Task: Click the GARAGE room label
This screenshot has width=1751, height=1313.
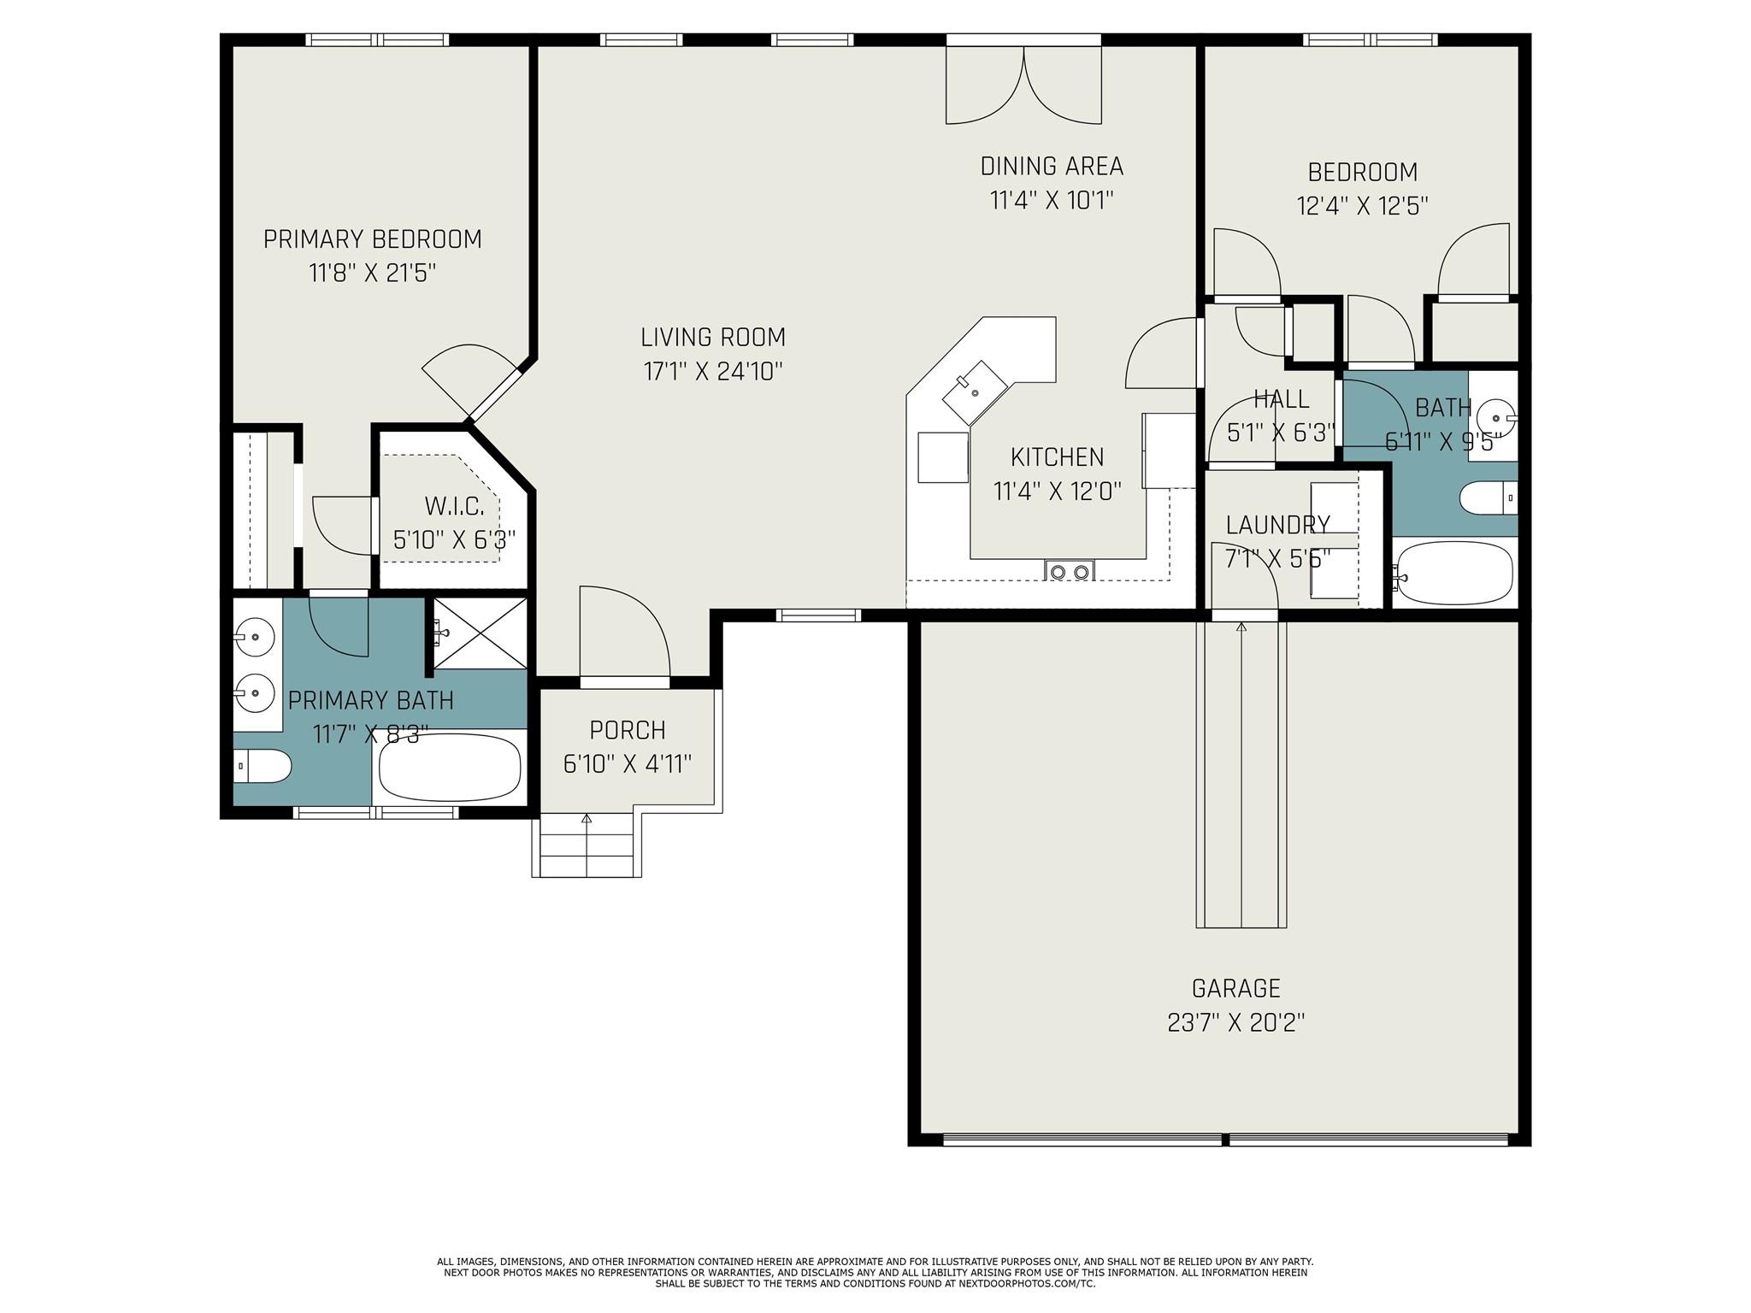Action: (x=1235, y=988)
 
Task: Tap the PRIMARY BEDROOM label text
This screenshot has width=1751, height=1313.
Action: (x=372, y=239)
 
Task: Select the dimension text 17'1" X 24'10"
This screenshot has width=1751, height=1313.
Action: (x=713, y=371)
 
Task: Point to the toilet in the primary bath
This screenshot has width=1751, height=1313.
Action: (x=262, y=766)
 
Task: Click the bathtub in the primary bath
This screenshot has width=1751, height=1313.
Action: (x=450, y=766)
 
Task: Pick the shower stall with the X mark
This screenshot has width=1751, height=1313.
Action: (x=480, y=633)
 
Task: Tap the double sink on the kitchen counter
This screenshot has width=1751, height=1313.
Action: (x=1070, y=571)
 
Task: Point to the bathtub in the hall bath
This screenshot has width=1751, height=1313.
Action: (x=1453, y=573)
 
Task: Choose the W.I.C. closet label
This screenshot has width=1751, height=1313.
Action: (x=455, y=506)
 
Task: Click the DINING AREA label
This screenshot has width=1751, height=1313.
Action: (x=1052, y=166)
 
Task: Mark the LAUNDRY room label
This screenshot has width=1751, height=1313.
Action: (x=1277, y=525)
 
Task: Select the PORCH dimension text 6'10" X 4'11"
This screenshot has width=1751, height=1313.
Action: (x=628, y=763)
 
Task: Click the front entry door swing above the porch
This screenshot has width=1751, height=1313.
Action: (x=625, y=633)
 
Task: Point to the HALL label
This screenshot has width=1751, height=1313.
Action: (x=1281, y=398)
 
